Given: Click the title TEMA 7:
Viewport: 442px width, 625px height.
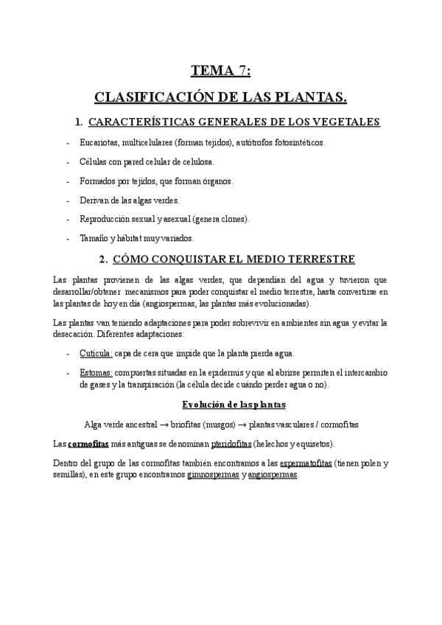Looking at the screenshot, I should coord(220,71).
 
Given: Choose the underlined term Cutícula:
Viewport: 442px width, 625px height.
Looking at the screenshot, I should coord(96,353).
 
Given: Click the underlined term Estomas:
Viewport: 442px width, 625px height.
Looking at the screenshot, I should coord(96,373).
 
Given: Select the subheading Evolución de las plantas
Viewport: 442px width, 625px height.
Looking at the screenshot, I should coord(234,405).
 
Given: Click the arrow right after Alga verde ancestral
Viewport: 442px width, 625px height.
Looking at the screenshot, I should coord(171,425).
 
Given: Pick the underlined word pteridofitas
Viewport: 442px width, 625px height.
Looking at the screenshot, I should coord(231,444).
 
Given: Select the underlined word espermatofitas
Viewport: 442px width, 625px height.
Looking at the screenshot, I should coord(306,464).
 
